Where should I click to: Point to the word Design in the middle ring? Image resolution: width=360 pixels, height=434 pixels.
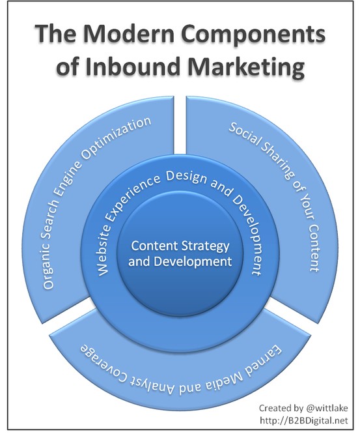(x=186, y=176)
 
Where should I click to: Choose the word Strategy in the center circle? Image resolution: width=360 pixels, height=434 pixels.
(x=203, y=246)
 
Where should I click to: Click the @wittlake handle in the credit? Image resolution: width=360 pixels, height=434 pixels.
(x=327, y=408)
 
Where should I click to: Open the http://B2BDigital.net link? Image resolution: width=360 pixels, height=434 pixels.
(x=303, y=420)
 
